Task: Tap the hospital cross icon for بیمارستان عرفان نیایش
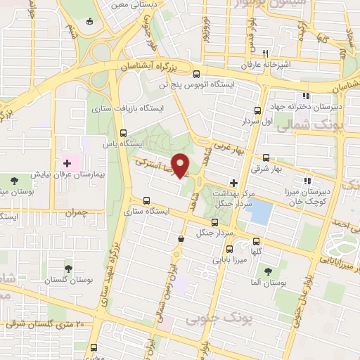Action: (x=67, y=162)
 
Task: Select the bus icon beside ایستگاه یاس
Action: (x=123, y=133)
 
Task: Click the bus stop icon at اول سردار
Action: (x=258, y=110)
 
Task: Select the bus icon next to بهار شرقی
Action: (x=266, y=158)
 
